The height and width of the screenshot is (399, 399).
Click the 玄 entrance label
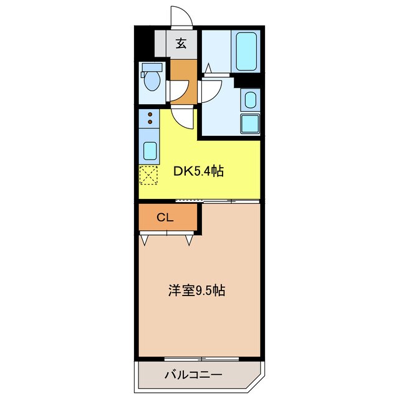click(x=181, y=44)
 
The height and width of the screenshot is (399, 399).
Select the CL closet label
click(x=165, y=218)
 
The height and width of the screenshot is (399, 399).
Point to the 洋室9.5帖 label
click(x=196, y=290)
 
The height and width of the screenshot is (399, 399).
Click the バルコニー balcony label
click(x=193, y=375)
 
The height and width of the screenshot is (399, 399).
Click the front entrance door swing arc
click(x=180, y=16)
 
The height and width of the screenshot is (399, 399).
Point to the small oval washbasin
click(x=249, y=100)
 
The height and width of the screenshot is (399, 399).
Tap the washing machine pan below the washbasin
click(x=249, y=123)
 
